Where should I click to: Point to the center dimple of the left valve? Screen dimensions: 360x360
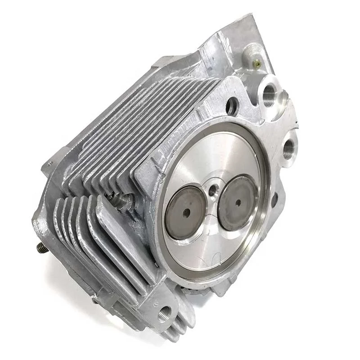click(185, 211)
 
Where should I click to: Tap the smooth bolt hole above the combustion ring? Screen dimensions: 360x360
click(232, 106)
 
